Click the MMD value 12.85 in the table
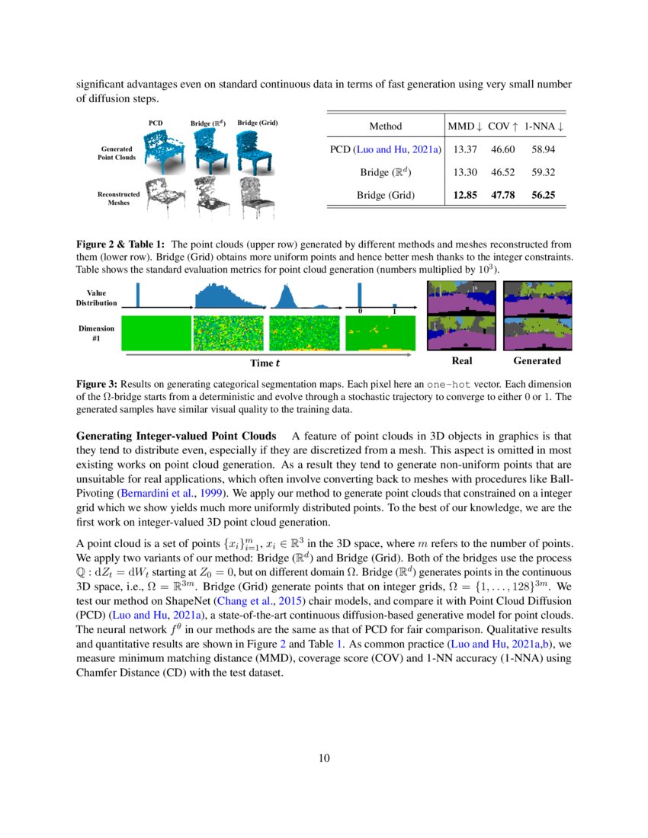[x=465, y=195]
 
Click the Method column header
[x=385, y=126]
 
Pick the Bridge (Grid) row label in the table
[x=386, y=195]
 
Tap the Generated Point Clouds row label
[x=117, y=152]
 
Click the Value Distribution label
[x=97, y=297]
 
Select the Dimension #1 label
[x=97, y=333]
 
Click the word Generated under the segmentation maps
[x=537, y=361]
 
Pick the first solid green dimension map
[x=156, y=333]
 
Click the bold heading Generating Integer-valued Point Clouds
[x=176, y=436]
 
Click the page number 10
[x=324, y=757]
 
